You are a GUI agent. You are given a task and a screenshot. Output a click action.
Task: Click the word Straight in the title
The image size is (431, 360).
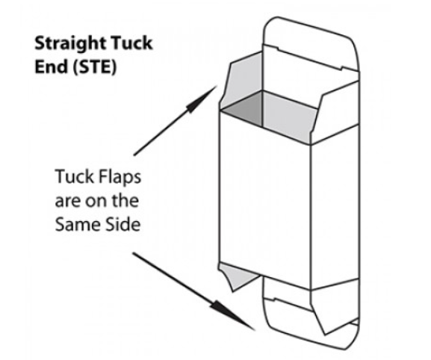tap(70, 44)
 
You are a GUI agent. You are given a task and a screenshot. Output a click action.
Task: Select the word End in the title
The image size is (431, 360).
tap(52, 66)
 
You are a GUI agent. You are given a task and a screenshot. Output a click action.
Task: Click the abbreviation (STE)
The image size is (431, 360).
tap(95, 66)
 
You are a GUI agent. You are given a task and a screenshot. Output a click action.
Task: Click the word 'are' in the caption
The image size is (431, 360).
tap(67, 202)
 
